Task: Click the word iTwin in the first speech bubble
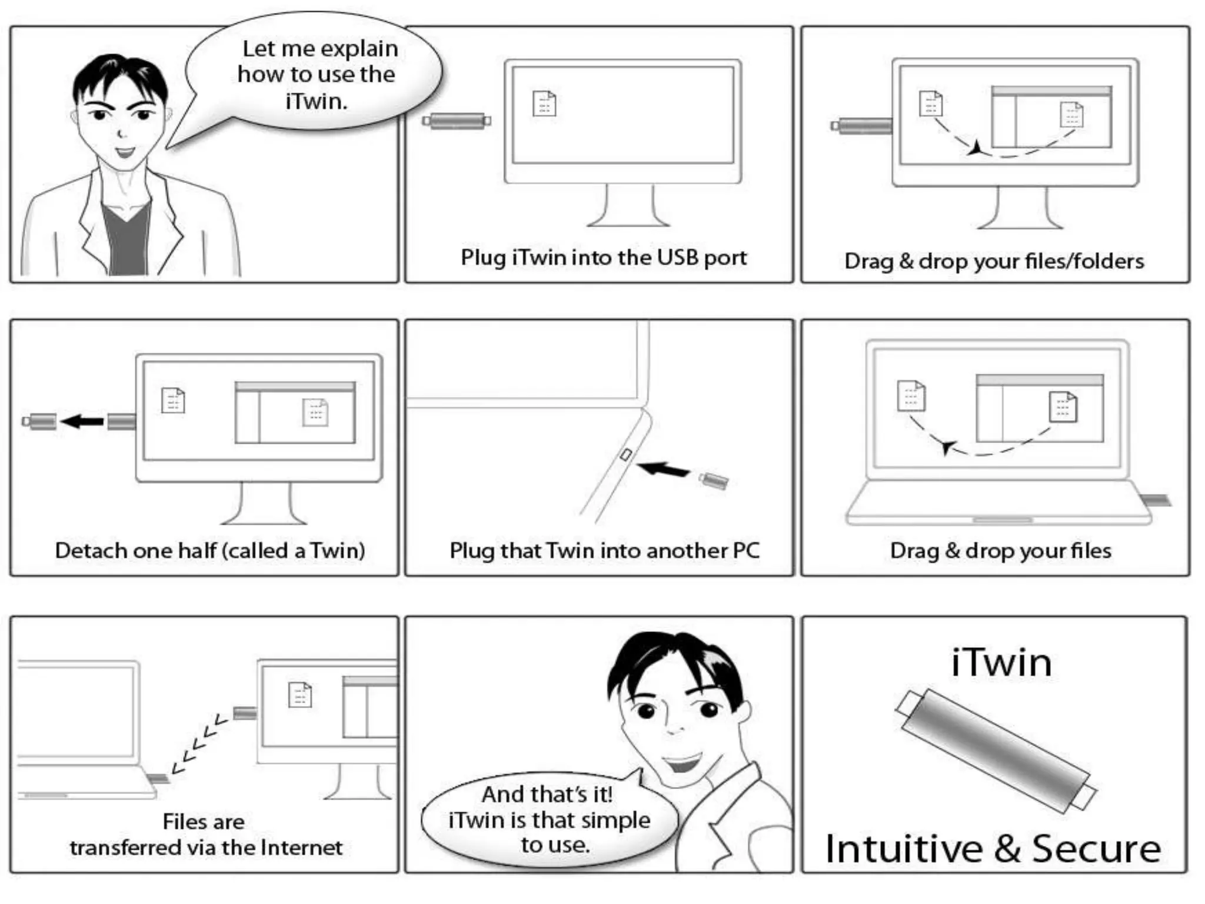[316, 101]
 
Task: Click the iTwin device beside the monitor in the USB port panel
[457, 121]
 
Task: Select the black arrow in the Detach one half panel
[82, 421]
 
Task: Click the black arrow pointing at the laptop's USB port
[663, 469]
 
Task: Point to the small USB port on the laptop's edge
[626, 454]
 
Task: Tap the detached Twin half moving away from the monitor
[39, 421]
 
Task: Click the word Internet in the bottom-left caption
[301, 847]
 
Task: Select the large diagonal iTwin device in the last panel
[996, 751]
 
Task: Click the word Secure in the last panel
[1097, 849]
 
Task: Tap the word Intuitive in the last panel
[904, 849]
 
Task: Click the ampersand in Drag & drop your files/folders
[906, 261]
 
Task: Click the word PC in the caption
[746, 550]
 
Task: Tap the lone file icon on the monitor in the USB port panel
[544, 103]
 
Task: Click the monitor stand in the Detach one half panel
[264, 504]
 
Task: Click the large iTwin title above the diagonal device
[1001, 662]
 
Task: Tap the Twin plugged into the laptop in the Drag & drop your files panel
[1156, 500]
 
